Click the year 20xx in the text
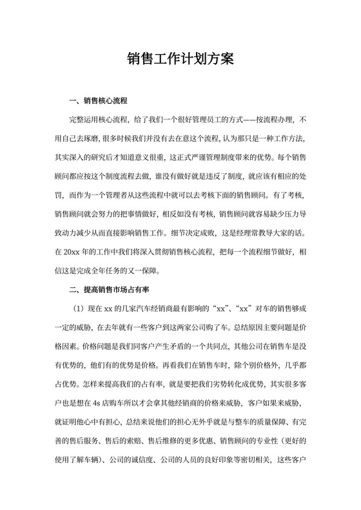click(91, 250)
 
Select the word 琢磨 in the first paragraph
click(99, 138)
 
